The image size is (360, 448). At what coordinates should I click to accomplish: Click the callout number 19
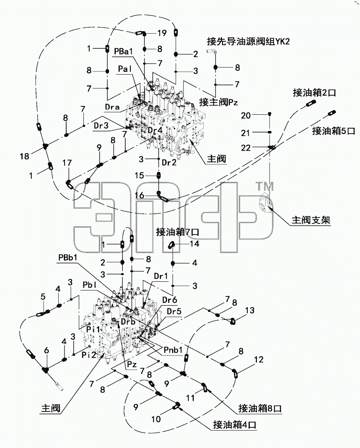coord(162,33)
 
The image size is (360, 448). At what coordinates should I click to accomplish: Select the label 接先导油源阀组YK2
coord(248,42)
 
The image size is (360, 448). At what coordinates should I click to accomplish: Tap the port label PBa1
coord(123,52)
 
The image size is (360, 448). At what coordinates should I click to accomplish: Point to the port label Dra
coord(112,107)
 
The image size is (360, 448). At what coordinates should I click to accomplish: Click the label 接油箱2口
coord(314,93)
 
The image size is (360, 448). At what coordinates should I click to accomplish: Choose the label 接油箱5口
coord(333,131)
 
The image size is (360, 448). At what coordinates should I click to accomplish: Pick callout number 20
coord(246,115)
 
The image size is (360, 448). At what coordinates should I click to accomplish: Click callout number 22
coord(246,148)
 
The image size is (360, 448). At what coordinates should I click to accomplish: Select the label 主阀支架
coord(311,220)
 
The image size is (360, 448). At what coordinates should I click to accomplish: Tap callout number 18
coord(25,156)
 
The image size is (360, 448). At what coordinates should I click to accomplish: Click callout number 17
coord(67,163)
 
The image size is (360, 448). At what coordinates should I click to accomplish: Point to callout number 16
coord(139,195)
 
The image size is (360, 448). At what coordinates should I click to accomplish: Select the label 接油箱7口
coord(178,232)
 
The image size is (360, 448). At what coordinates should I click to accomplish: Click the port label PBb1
coord(68,258)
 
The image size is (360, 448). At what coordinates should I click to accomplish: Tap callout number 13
coord(249,310)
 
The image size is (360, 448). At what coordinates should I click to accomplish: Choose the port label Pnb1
coord(173,350)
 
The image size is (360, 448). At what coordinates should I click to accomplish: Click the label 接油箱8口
coord(260,409)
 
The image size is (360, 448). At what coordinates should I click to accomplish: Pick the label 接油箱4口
coord(234,425)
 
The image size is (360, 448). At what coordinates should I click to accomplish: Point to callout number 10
coord(156,419)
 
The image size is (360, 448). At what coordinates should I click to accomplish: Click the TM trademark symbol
coord(264,186)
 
